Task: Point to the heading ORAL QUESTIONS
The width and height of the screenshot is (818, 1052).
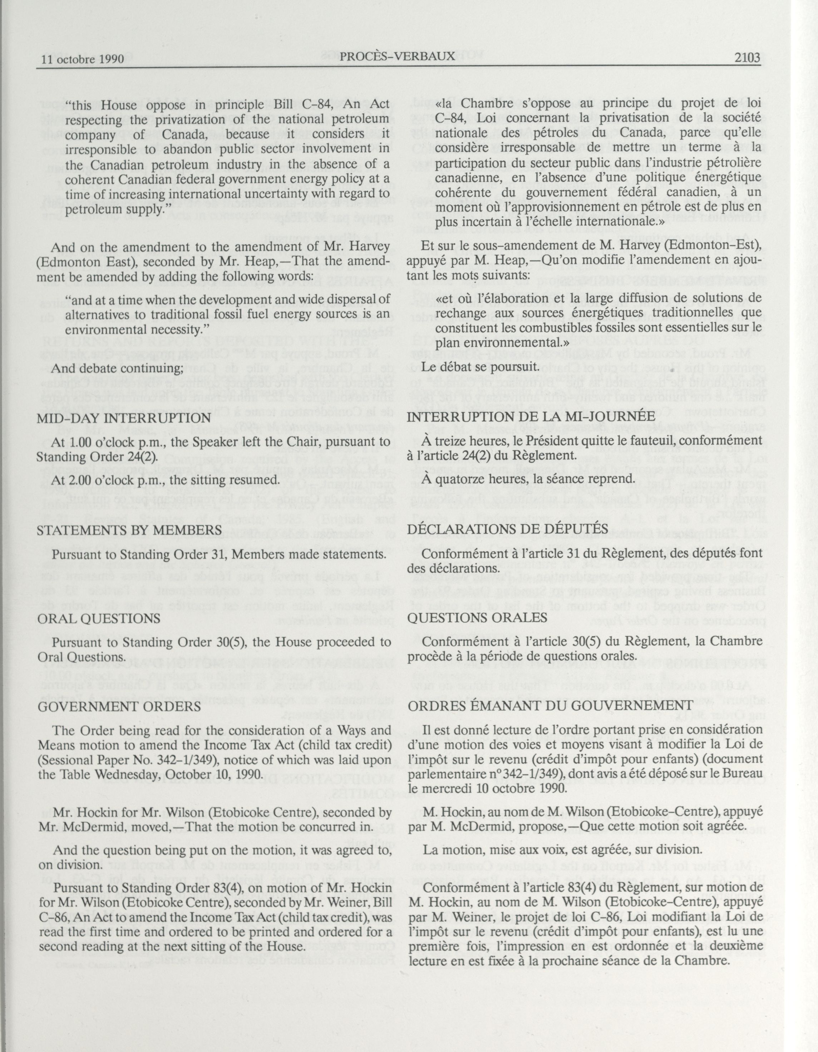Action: pos(99,618)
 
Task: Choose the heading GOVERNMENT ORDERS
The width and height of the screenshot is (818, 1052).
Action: pos(118,707)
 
